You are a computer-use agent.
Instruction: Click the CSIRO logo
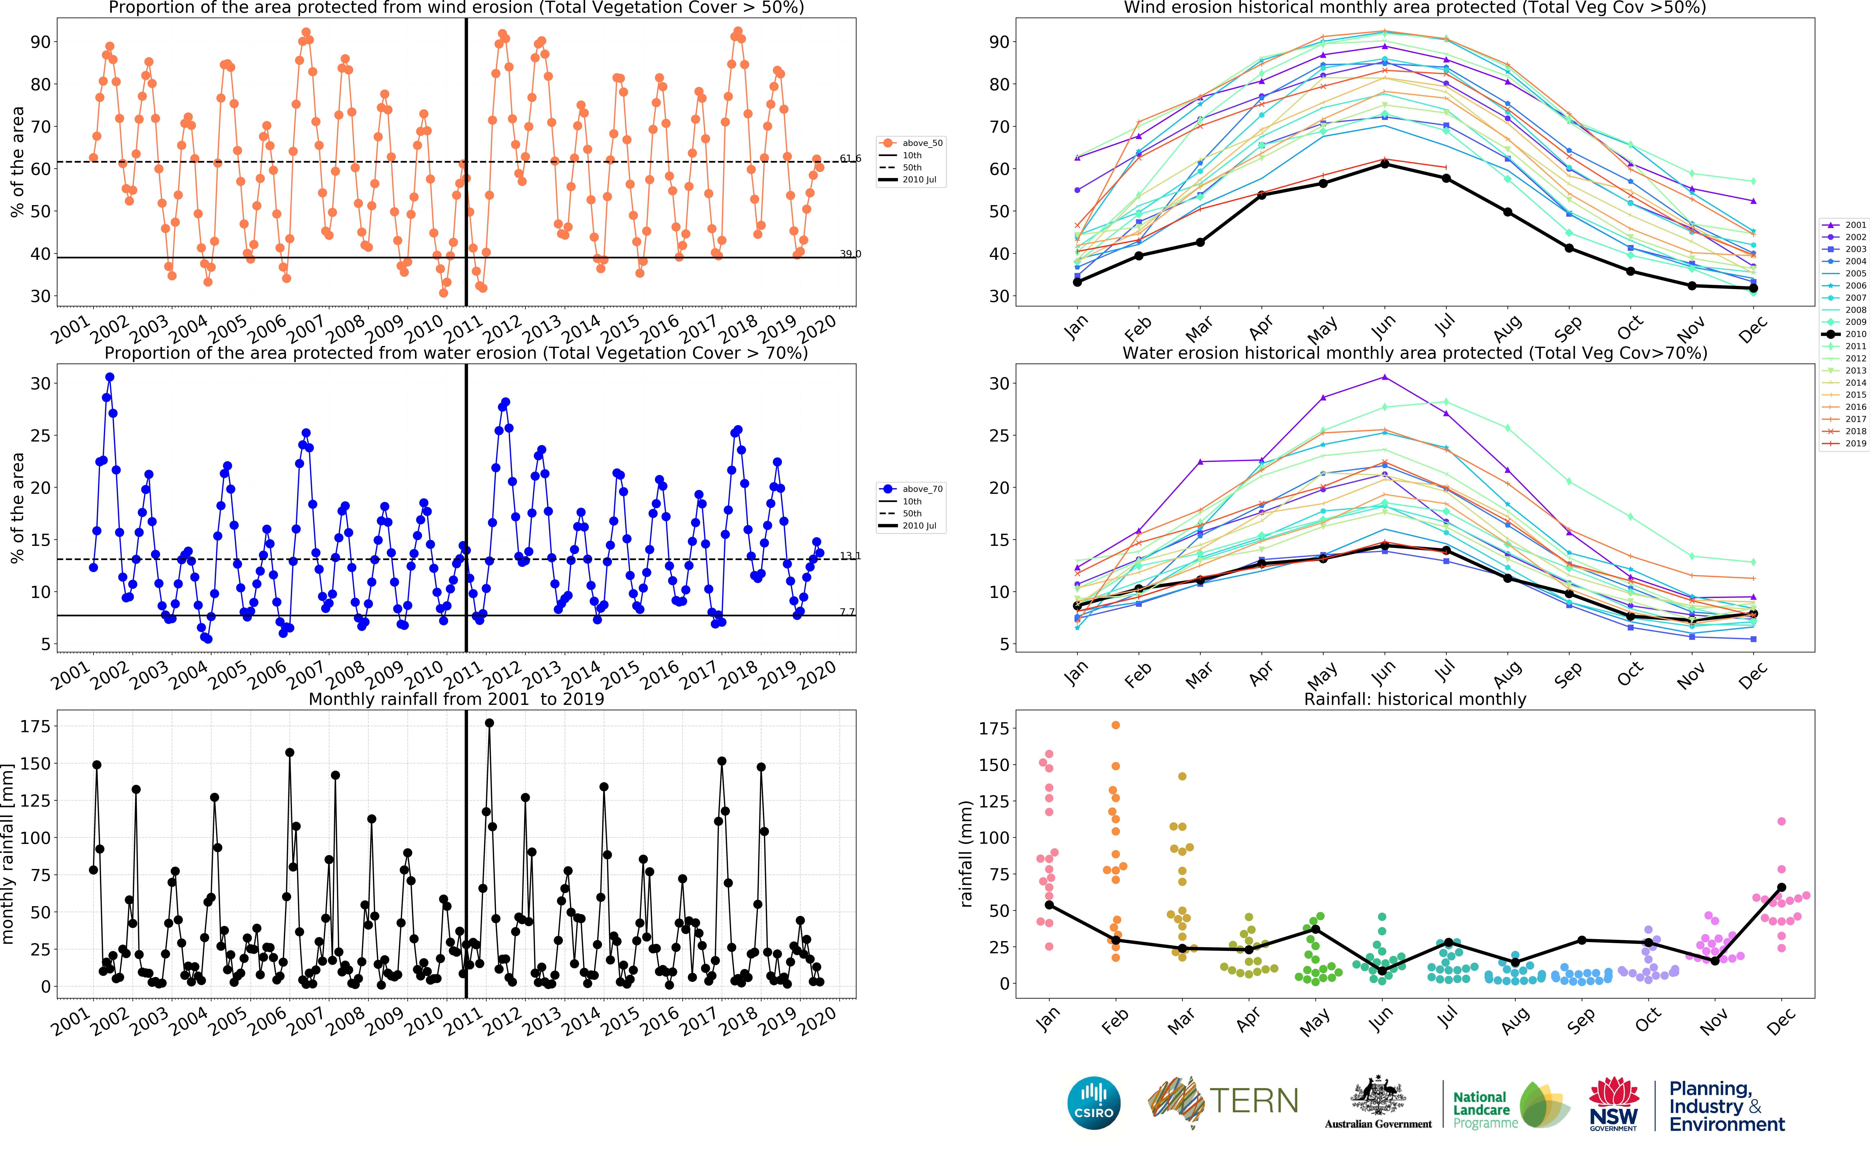1094,1103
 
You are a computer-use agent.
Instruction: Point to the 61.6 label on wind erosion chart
850,158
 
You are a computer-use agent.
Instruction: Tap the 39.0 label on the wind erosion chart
850,254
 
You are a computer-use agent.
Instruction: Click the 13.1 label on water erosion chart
850,556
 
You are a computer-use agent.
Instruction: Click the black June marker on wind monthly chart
1385,164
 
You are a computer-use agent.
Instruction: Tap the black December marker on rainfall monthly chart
1782,888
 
